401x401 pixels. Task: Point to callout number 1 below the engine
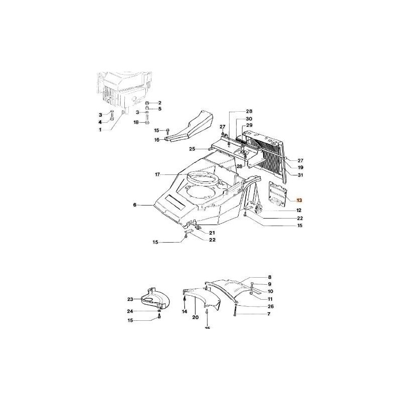(100, 130)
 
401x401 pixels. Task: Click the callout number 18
(136, 122)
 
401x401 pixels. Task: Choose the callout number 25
(191, 149)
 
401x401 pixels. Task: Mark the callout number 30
(249, 119)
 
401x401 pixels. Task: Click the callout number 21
(212, 233)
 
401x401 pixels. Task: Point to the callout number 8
(269, 277)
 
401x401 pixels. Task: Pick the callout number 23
(130, 299)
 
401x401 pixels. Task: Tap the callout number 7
(269, 314)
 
